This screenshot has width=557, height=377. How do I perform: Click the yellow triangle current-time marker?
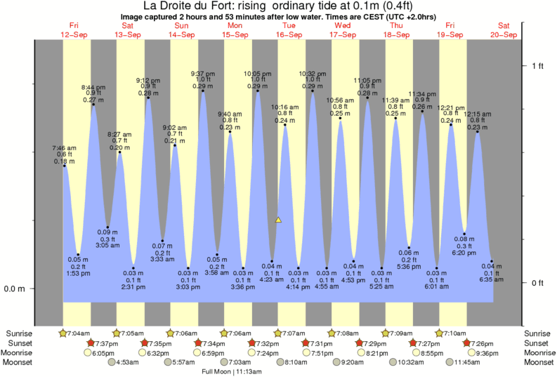click(x=278, y=220)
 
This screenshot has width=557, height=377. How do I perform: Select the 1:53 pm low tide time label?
click(x=78, y=273)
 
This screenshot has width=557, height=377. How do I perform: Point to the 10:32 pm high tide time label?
click(x=312, y=73)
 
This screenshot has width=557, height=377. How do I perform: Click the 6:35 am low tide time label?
click(x=492, y=279)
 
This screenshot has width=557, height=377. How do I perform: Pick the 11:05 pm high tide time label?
click(x=367, y=80)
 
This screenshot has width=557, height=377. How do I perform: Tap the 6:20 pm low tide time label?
click(x=464, y=253)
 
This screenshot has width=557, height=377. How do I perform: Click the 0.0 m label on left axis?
click(x=15, y=289)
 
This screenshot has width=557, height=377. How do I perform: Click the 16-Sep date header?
click(x=288, y=34)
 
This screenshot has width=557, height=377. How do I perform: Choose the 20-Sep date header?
click(x=504, y=34)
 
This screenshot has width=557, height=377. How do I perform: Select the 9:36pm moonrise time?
click(x=487, y=352)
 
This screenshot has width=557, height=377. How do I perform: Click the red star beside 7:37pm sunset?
click(x=91, y=343)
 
